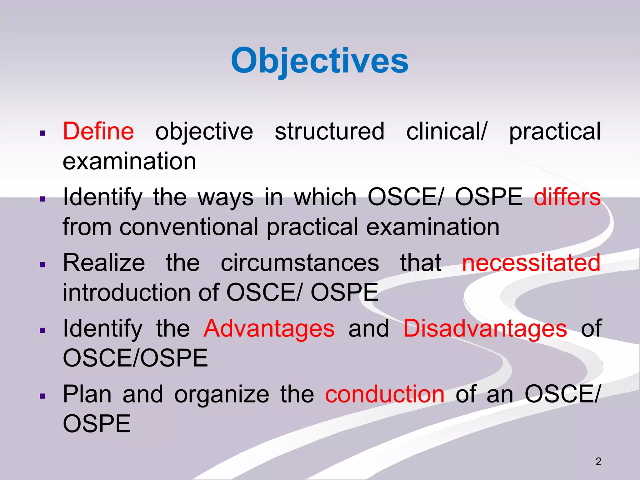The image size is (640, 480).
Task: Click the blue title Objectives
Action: tap(320, 61)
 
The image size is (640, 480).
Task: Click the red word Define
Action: tap(98, 131)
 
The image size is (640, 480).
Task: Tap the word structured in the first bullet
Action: tap(329, 131)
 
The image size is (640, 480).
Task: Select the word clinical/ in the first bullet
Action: tap(447, 131)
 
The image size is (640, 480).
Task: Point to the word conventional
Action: tap(189, 227)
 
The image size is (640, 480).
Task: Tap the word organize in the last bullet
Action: tap(222, 394)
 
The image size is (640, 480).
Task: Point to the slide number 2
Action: tap(598, 462)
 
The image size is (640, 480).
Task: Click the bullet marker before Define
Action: tap(43, 133)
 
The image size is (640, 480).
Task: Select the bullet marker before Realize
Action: tap(43, 265)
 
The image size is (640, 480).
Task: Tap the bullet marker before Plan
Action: tap(43, 396)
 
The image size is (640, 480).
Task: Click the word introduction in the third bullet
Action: tap(126, 292)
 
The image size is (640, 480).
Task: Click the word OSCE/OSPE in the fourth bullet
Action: tap(135, 358)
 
